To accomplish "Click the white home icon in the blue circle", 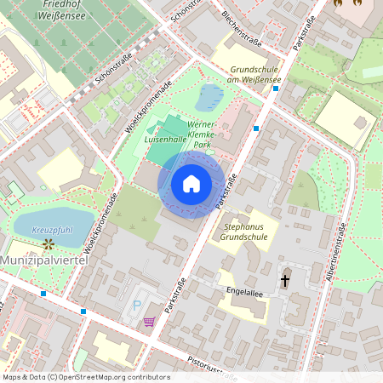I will pos(191,184).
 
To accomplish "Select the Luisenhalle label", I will pos(165,138).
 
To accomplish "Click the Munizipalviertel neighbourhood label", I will pos(44,259).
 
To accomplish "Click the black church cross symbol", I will pos(285,279).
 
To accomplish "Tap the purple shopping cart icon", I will pos(150,322).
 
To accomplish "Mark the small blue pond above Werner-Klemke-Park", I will pos(209,97).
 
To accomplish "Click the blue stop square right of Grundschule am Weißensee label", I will pos(256,128).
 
